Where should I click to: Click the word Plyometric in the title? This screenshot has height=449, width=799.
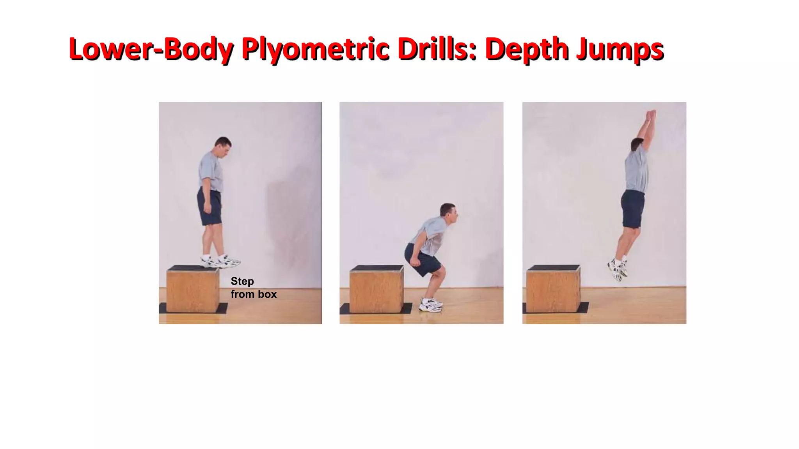point(315,49)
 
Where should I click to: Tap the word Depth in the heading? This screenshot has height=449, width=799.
point(527,49)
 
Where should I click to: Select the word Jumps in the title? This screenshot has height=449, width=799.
point(620,49)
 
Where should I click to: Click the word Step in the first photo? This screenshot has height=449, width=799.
point(242,281)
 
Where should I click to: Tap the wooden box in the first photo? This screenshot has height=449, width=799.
point(193,290)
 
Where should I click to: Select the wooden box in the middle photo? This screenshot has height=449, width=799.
point(376,290)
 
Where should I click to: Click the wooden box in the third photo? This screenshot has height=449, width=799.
point(553,290)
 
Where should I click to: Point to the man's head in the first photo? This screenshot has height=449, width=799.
point(223,146)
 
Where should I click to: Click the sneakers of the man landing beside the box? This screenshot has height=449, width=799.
point(431,304)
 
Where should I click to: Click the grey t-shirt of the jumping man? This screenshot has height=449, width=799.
point(637,171)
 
